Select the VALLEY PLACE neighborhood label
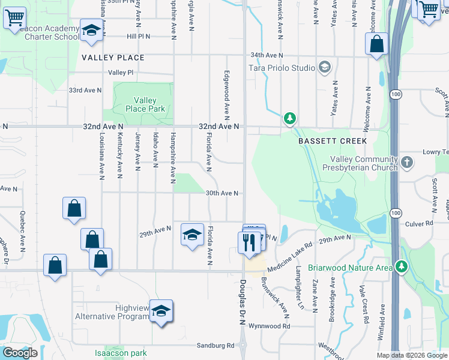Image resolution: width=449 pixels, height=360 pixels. pos(113,58)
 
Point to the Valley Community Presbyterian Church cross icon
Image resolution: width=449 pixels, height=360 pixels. pos(407,161)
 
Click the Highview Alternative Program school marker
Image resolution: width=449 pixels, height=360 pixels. pos(161,311)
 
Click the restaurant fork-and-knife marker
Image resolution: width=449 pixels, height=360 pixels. pos(249,242)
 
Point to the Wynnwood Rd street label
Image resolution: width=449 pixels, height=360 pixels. pos(271,326)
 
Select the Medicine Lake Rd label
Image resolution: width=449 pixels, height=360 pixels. pos(291,251)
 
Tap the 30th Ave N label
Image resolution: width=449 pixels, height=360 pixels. pos(223,193)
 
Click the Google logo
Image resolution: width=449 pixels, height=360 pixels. pos(20,353)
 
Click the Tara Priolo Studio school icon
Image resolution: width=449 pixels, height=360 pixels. pos(325,67)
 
